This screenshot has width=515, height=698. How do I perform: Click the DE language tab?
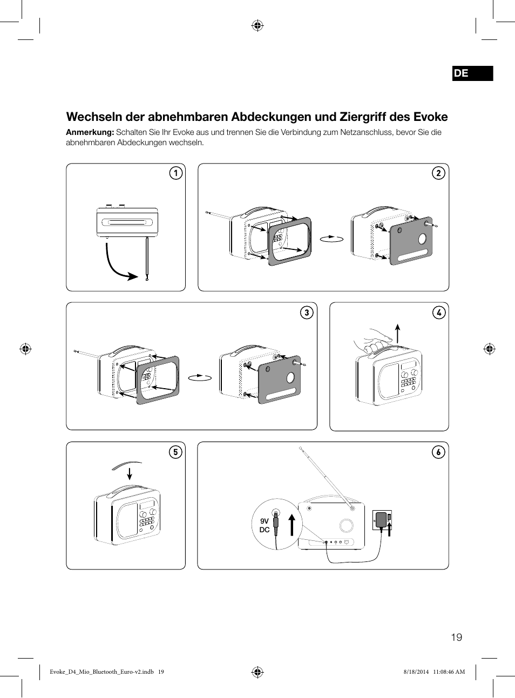coord(472,73)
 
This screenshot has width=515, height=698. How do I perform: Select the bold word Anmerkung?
coord(90,132)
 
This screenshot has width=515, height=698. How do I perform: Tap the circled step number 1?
coord(175,173)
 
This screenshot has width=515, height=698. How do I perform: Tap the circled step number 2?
coord(438,173)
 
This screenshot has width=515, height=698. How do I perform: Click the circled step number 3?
coord(307,313)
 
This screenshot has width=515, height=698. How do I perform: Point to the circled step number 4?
coord(439,313)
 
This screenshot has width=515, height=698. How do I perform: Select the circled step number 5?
coord(175,452)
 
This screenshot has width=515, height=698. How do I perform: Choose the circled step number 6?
coord(438,452)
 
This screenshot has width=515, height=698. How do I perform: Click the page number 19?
coord(456,638)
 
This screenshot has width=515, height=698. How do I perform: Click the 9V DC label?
coord(265,525)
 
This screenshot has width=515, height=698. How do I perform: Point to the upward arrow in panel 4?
coord(398,334)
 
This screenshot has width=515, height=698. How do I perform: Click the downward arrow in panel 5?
coord(130,473)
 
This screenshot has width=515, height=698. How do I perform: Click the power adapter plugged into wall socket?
coord(381,520)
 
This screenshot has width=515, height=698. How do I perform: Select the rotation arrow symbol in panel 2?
coord(331,238)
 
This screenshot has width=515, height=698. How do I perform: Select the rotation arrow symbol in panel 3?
coord(200,377)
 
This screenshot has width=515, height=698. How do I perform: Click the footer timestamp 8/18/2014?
coord(416,672)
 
